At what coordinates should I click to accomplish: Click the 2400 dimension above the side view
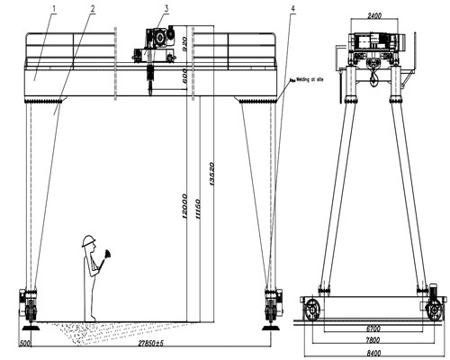[369, 15]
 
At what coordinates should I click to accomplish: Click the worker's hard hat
[88, 239]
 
